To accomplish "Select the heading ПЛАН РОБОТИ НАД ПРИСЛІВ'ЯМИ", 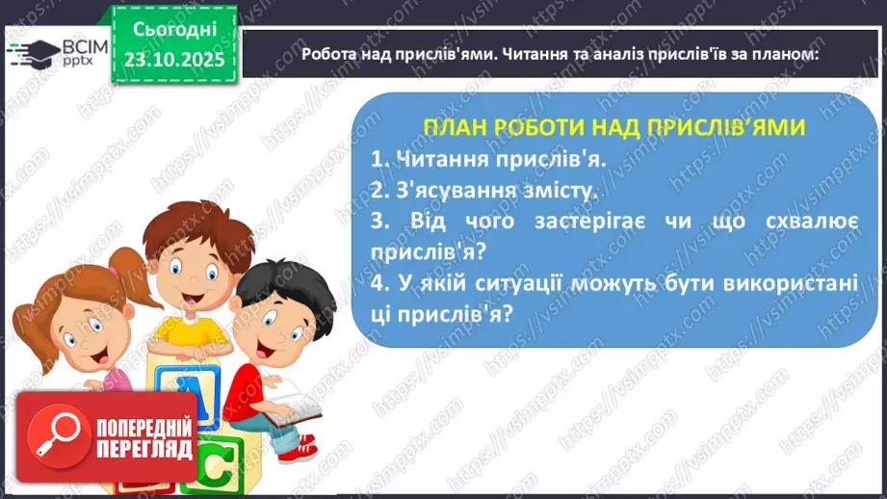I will coord(614,127).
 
